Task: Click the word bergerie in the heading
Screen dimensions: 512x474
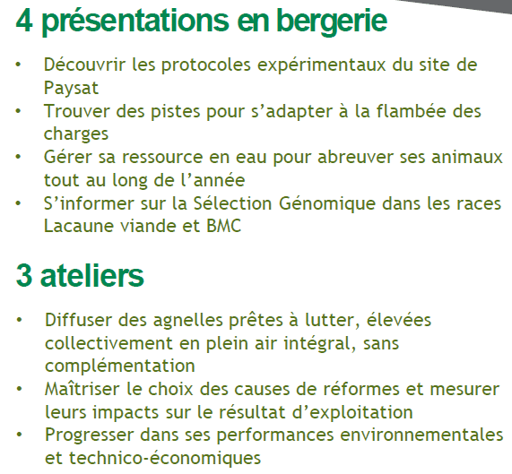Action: (x=332, y=22)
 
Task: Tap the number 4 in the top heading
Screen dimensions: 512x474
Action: (x=24, y=21)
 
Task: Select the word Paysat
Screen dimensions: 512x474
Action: (x=71, y=88)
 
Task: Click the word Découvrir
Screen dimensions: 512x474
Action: (x=84, y=65)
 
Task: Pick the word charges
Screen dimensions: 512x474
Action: (x=76, y=134)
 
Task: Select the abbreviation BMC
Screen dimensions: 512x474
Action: (x=223, y=226)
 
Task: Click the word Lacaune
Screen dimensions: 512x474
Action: (x=79, y=226)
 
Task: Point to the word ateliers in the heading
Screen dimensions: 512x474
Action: (x=91, y=276)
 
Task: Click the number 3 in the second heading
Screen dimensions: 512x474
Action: (x=24, y=276)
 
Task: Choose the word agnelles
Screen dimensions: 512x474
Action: (x=188, y=321)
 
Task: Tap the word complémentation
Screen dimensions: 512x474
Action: (x=120, y=366)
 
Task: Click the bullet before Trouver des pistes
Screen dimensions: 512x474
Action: (x=18, y=111)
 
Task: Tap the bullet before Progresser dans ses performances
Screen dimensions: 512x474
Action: (x=20, y=435)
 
